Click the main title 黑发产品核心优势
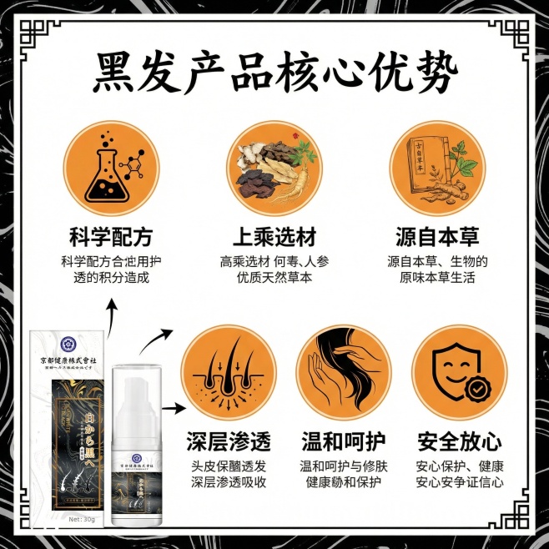[x=274, y=74]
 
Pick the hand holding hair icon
[x=342, y=373]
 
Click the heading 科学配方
[x=111, y=235]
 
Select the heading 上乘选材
[x=274, y=235]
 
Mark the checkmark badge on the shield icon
[x=476, y=389]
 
